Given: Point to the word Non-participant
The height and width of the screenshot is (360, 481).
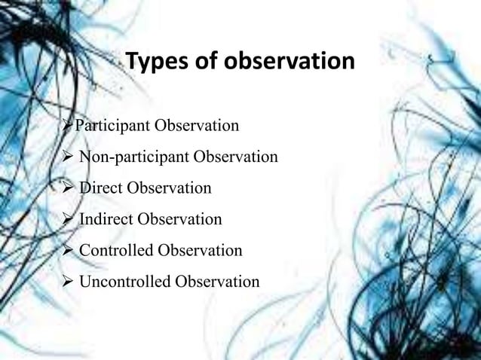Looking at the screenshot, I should pos(133,157).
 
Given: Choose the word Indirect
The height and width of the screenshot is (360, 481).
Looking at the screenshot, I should pos(106,219).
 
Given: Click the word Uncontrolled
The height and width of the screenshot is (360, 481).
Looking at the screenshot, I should pos(124,282).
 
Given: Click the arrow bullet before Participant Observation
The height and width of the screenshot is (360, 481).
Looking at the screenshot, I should pos(69,125).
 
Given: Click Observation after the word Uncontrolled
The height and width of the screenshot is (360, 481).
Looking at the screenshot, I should pos(216,282).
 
